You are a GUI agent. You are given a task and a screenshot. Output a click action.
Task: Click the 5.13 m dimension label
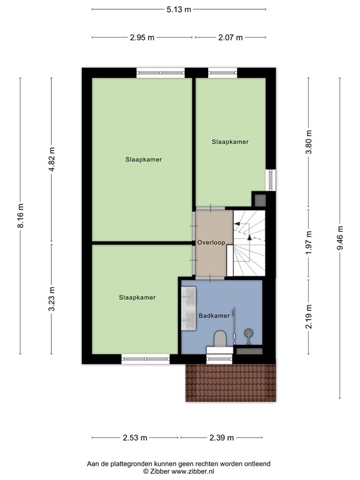(x=178, y=9)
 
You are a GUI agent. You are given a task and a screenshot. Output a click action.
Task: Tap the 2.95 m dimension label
(x=142, y=37)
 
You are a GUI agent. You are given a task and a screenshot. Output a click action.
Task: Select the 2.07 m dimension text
(x=230, y=37)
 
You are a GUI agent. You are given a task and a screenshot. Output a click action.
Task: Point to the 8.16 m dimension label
(x=21, y=216)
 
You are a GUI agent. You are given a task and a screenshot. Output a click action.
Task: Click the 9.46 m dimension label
(x=340, y=237)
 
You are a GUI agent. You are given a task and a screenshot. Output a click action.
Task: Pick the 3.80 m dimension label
(x=309, y=142)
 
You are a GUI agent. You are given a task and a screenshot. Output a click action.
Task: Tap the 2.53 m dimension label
(x=134, y=437)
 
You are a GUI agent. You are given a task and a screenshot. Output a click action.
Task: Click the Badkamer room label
(x=214, y=316)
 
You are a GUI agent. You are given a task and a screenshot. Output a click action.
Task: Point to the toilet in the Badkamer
(x=219, y=339)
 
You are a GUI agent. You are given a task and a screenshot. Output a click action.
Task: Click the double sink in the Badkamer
(x=189, y=307)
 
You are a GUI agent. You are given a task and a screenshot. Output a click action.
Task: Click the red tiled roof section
(x=230, y=382)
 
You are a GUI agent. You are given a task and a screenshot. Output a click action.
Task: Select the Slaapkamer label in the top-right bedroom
(x=230, y=142)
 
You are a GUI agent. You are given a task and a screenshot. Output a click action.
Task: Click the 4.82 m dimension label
(x=52, y=160)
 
